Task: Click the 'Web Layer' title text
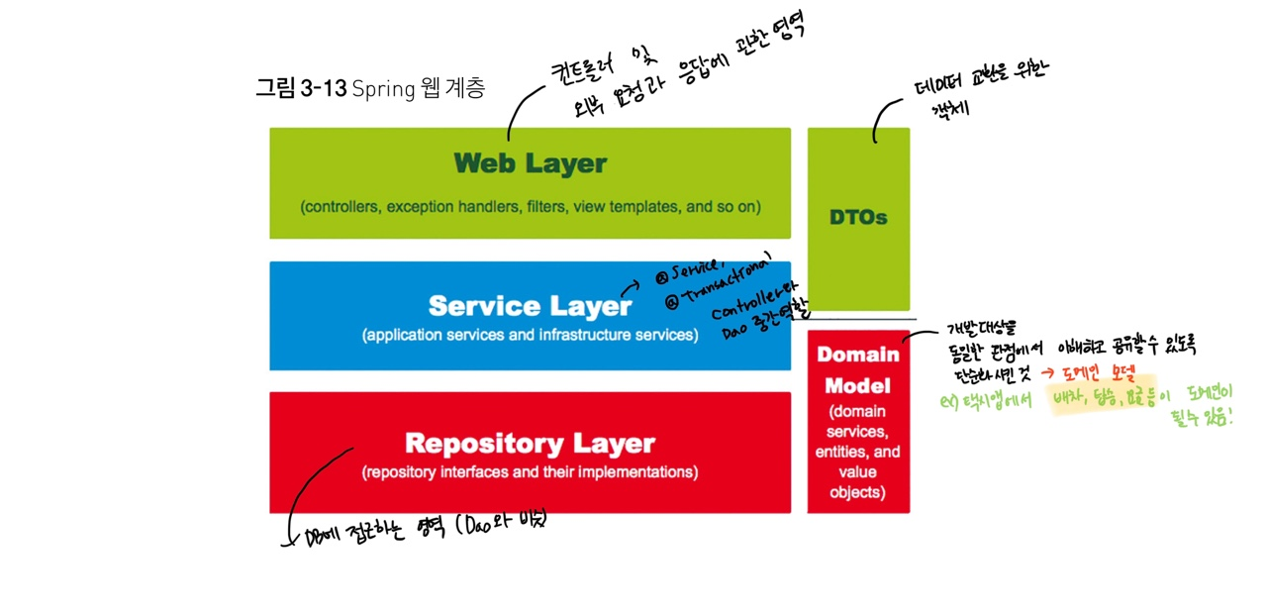click(530, 163)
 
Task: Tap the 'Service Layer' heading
click(530, 305)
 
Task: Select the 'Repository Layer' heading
click(530, 443)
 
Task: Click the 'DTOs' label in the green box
click(858, 217)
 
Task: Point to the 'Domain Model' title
click(858, 369)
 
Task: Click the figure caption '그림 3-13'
click(300, 88)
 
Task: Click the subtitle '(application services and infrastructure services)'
click(530, 335)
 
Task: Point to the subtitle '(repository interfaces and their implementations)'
click(530, 472)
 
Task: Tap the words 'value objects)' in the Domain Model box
click(858, 482)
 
